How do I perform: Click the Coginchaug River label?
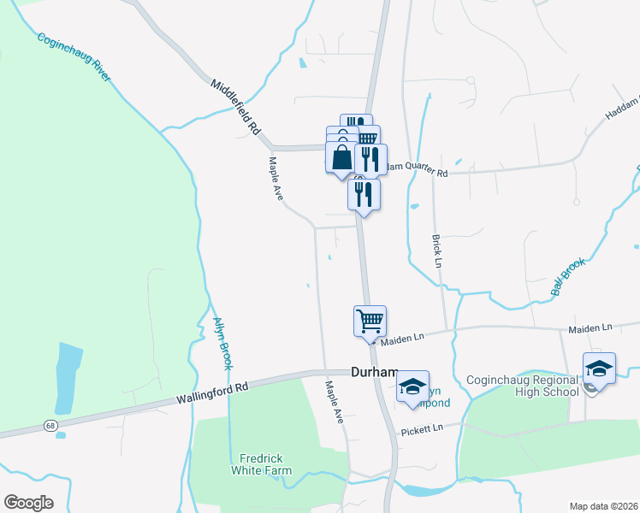(74, 58)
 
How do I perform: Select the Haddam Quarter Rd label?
(414, 170)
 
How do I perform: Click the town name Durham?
(375, 372)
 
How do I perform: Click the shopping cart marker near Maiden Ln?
(370, 321)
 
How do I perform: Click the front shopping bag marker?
(341, 157)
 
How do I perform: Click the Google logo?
(28, 503)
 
